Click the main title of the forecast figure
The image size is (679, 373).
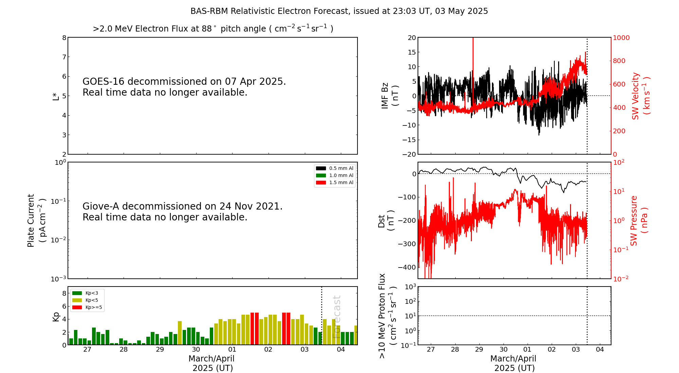(339, 11)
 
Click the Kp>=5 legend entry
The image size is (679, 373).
(87, 308)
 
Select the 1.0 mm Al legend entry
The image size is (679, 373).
(335, 175)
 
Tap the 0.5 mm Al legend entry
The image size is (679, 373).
(335, 168)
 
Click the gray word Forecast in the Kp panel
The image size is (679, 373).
(336, 317)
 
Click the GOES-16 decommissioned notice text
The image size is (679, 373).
(184, 87)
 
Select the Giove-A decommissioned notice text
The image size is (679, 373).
(183, 212)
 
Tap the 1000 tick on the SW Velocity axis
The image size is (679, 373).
(621, 38)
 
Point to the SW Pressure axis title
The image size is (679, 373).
(639, 220)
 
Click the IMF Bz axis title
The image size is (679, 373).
(390, 96)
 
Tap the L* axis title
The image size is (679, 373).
(56, 96)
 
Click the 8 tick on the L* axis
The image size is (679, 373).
(64, 38)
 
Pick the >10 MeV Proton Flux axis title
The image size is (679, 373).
(387, 316)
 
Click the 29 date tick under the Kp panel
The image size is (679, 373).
(160, 350)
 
